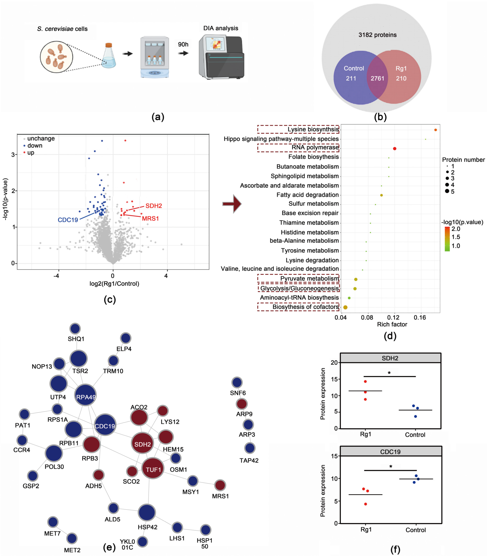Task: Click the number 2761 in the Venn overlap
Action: pos(377,79)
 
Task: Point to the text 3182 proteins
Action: pos(377,35)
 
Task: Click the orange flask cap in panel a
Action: pos(109,45)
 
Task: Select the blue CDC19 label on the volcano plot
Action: pos(68,220)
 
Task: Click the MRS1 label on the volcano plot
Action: pos(150,218)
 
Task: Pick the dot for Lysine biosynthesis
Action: pos(435,130)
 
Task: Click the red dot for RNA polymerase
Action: pos(395,149)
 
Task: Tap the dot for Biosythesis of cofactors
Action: pos(345,307)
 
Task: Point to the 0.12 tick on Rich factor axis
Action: pos(393,317)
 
